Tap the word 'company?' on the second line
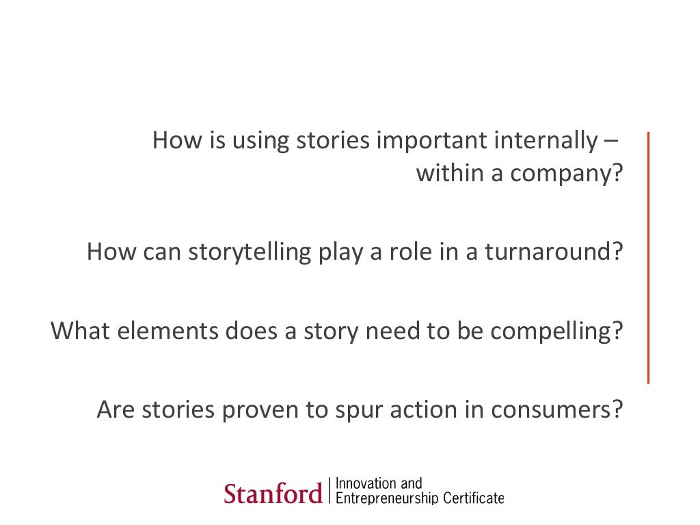point(567,175)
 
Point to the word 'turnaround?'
point(554,253)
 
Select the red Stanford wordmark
point(273,493)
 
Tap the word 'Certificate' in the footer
point(473,498)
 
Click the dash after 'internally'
point(610,142)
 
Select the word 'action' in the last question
point(414,410)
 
